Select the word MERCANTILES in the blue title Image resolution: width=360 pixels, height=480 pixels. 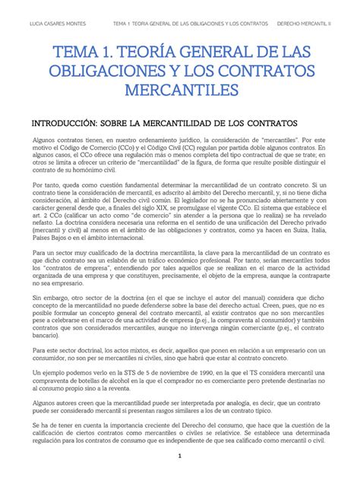click(179, 91)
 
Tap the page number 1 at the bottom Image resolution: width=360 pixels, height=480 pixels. click(179, 456)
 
